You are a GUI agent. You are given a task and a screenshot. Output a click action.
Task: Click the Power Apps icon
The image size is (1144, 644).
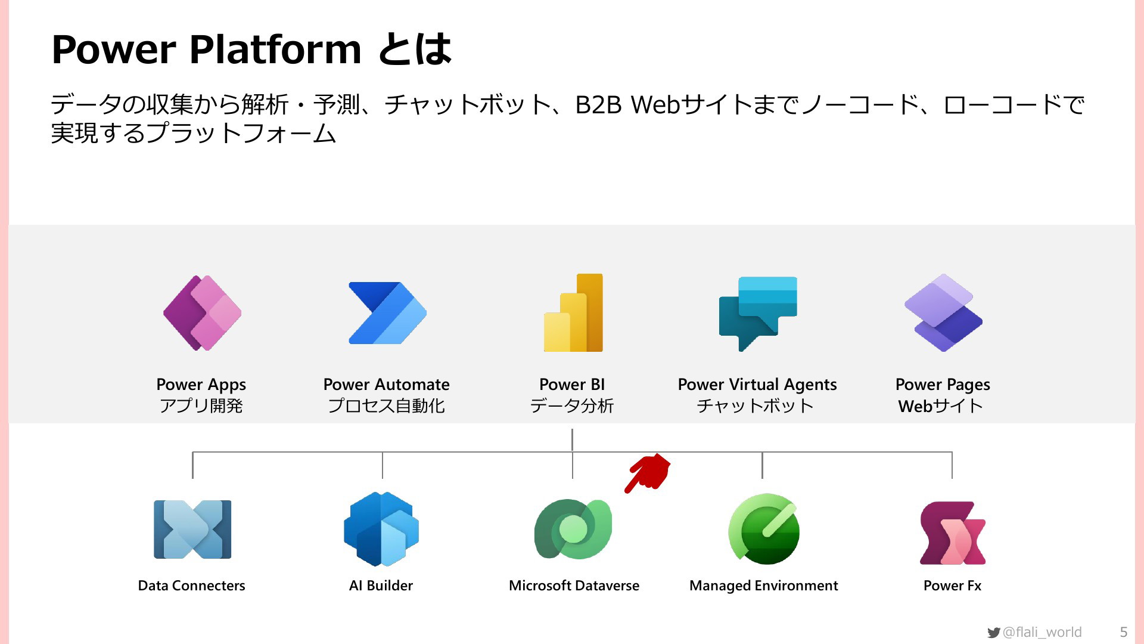202,312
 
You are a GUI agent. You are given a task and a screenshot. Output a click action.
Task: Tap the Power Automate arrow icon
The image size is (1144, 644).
387,313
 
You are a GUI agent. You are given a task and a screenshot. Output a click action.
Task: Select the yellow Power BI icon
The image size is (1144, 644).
573,312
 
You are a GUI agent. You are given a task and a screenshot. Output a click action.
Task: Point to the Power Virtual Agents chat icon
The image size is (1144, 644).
758,314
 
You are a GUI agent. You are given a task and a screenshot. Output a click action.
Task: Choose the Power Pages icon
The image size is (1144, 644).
943,312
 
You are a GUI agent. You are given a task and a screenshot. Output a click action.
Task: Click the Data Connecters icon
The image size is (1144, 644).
192,530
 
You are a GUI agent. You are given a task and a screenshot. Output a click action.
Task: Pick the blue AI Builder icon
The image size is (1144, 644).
381,529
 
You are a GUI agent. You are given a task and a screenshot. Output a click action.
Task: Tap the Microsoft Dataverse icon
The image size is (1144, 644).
573,529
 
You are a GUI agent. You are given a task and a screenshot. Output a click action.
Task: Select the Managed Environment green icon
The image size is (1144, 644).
764,529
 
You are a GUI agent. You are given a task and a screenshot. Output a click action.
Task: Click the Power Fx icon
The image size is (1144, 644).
952,532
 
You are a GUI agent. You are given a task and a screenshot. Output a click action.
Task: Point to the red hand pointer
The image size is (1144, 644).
648,473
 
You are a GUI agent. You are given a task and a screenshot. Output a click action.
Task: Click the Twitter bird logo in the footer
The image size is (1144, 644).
993,633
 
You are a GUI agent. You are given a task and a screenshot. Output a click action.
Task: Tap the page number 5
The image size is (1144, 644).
1124,632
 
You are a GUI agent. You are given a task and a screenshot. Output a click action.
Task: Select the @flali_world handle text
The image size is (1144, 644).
1042,632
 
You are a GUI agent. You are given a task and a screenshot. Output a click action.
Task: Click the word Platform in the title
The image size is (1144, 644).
275,49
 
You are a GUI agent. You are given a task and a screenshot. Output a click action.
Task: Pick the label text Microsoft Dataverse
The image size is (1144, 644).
574,586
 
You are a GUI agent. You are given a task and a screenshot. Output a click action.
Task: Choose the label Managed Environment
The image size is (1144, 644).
763,586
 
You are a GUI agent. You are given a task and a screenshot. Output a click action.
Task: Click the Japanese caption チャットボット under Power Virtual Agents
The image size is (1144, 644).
755,406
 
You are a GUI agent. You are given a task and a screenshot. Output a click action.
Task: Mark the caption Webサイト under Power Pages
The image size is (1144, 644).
940,406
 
